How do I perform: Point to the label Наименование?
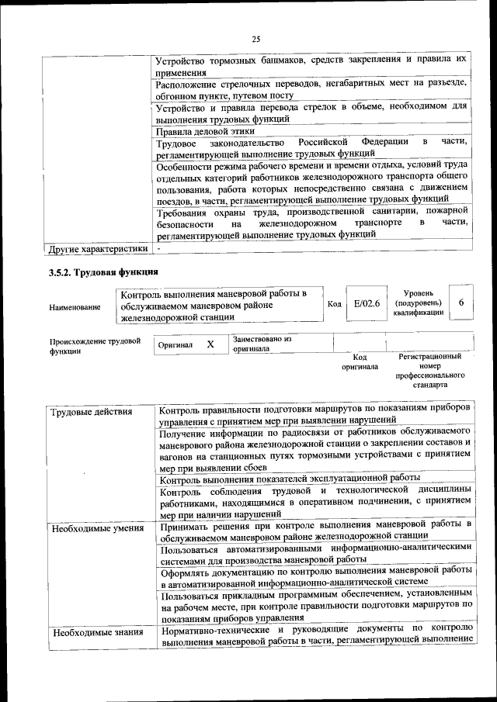75,307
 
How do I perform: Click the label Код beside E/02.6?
334,303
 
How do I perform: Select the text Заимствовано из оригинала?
262,344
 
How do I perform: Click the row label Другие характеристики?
97,249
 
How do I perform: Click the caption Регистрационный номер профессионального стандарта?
429,370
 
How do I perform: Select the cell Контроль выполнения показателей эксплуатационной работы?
288,478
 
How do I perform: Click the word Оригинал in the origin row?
175,344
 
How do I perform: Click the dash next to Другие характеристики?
158,248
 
